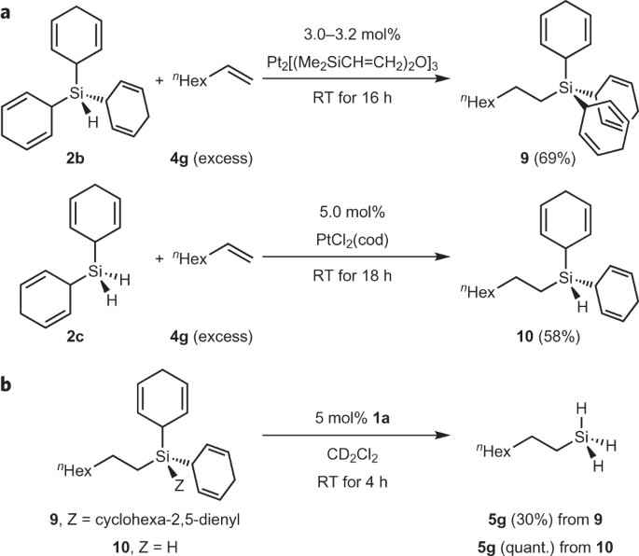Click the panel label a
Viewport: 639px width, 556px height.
click(x=8, y=11)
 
